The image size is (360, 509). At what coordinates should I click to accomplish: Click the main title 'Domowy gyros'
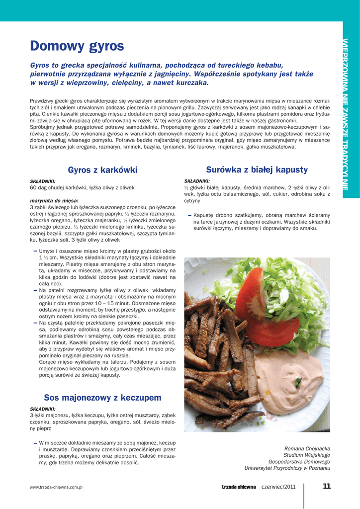point(77,47)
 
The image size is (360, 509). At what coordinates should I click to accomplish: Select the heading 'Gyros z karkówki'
point(102,170)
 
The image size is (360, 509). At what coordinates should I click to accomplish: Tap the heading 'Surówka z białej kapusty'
point(257,170)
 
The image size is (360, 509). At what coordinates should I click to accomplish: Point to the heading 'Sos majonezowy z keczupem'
point(102,397)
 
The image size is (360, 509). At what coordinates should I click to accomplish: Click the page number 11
point(326,487)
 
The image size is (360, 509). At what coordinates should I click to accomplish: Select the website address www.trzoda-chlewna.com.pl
point(56,488)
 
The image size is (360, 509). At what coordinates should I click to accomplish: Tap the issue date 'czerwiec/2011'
point(278,487)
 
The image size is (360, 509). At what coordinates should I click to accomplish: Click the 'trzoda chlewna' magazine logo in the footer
point(239,487)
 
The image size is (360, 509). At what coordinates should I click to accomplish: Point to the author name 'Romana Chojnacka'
point(307,448)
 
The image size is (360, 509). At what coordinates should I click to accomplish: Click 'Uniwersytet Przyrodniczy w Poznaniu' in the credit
point(287,468)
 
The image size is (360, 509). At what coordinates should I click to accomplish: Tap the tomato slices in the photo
point(264,313)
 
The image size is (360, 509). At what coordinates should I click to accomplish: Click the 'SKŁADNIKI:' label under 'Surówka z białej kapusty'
point(197,181)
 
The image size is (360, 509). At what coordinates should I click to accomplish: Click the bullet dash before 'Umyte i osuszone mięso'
point(35,251)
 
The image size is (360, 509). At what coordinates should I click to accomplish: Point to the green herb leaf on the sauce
point(298,382)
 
